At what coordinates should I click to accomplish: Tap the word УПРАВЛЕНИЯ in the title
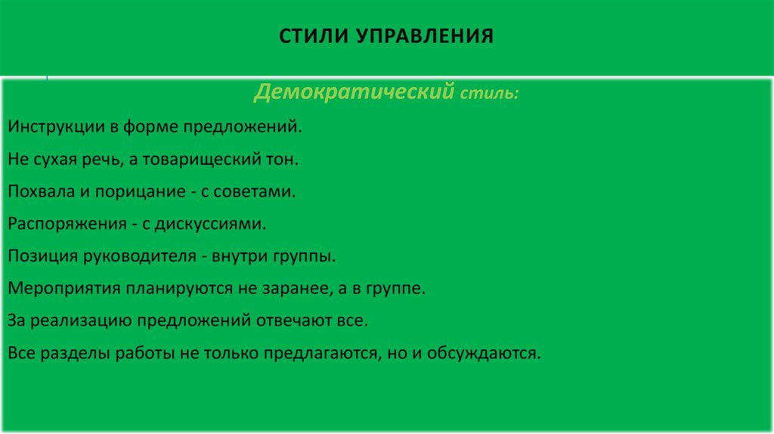click(420, 36)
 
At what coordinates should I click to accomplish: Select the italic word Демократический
click(354, 93)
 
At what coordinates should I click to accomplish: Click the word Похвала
click(41, 192)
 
